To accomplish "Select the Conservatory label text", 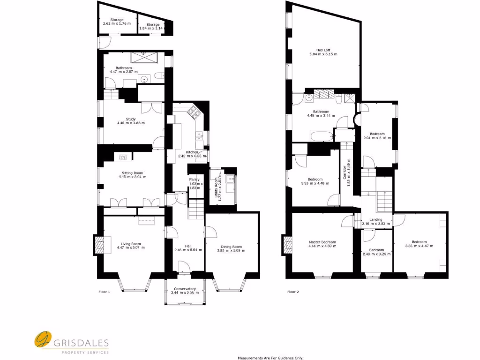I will (x=185, y=289).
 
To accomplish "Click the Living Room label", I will (x=131, y=244).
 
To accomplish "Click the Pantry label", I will (x=195, y=179).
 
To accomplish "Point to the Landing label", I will (x=375, y=219).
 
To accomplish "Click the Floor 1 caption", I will (x=104, y=292).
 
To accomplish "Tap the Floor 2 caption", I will (x=293, y=292).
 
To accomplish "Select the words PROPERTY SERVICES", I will (x=84, y=352).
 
